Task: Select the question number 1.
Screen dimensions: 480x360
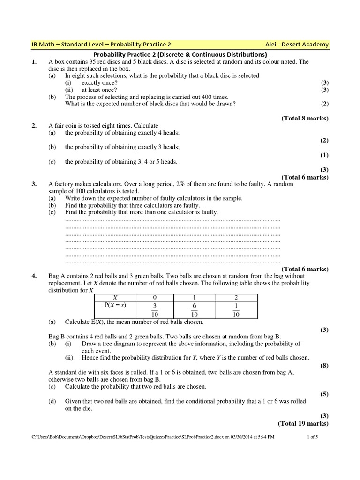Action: [34, 61]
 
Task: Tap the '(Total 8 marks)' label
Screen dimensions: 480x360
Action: [305, 118]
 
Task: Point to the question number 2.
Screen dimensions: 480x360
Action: [34, 126]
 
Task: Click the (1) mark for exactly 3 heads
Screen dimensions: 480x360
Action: [324, 155]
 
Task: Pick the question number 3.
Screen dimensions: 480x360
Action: [34, 184]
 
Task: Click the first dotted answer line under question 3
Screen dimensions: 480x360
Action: [172, 219]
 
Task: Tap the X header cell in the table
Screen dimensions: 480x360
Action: [114, 298]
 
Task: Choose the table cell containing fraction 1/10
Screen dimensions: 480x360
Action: [236, 309]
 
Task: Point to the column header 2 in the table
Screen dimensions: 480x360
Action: [236, 298]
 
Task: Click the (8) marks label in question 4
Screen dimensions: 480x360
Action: [324, 365]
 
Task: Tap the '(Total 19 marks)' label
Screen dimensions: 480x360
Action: [303, 423]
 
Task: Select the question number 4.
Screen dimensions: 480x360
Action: [34, 276]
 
